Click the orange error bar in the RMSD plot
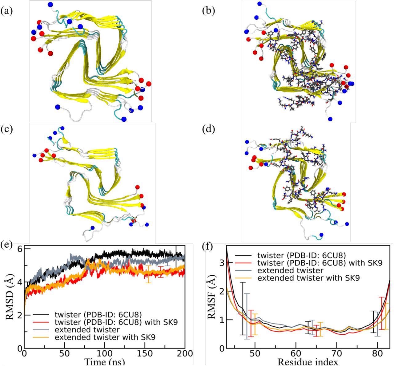pyautogui.click(x=149, y=274)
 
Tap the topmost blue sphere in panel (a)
pyautogui.click(x=50, y=4)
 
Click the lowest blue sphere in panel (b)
pyautogui.click(x=330, y=119)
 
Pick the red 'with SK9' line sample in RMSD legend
pyautogui.click(x=42, y=322)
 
